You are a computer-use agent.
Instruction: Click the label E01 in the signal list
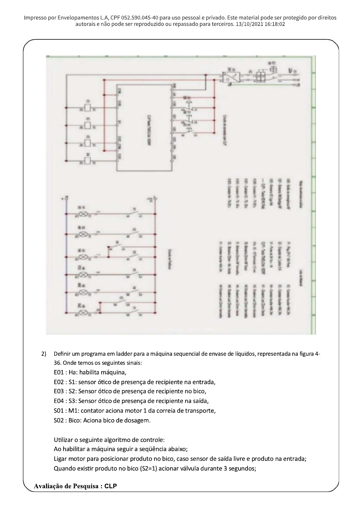pyautogui.click(x=59, y=372)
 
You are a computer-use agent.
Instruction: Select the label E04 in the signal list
pyautogui.click(x=59, y=401)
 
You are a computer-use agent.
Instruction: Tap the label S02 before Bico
pyautogui.click(x=59, y=420)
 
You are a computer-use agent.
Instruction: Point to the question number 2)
pyautogui.click(x=44, y=354)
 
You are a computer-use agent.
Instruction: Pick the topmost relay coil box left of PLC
pyautogui.click(x=88, y=107)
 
